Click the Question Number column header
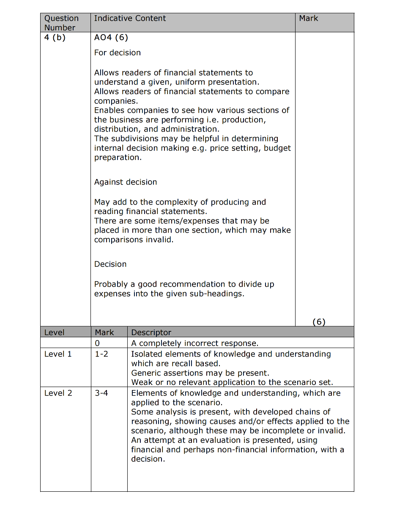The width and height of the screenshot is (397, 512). pos(61,23)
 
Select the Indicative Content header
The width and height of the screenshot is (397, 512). pos(130,18)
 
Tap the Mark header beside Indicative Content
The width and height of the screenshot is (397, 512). pos(308,18)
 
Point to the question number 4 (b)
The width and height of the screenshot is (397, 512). pos(55,38)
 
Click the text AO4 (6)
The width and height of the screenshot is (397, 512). pos(111,38)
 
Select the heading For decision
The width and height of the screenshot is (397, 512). pos(117,53)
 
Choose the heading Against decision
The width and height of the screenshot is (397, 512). pos(125,182)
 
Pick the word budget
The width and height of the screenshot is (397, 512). pos(277,148)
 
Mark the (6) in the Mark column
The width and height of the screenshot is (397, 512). pos(319,322)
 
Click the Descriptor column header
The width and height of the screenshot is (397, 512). pos(151,332)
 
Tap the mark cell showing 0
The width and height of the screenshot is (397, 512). pos(97,343)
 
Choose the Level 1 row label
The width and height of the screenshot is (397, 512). pos(58,354)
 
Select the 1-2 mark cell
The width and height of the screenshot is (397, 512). pos(101,354)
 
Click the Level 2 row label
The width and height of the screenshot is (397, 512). pos(58,393)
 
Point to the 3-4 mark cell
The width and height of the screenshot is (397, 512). pos(101,393)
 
